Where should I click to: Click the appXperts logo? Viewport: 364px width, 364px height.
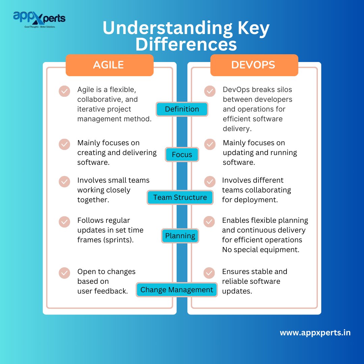39,20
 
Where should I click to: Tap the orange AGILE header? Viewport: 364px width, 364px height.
109,65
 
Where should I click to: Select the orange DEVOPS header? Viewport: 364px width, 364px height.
253,65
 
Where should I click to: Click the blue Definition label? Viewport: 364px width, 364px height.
182,109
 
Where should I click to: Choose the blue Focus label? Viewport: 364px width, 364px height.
182,155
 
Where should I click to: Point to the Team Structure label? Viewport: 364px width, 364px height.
180,198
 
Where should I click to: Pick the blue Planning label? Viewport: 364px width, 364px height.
180,236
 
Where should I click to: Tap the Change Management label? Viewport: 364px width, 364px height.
177,290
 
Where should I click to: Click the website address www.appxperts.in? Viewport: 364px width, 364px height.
315,333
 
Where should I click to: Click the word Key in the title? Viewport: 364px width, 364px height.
250,29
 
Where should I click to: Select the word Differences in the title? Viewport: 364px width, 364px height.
186,44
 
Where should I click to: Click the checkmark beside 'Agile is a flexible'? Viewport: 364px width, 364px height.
64,91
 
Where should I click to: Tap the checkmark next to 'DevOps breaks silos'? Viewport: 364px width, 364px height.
210,91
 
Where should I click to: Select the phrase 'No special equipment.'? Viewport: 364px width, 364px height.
261,250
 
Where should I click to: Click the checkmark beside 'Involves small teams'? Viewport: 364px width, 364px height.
64,181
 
